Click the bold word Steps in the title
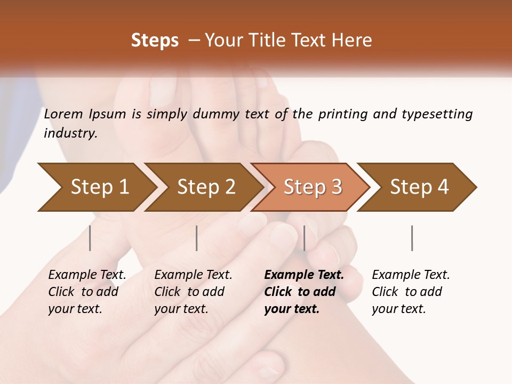pos(155,41)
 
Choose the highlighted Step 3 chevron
pos(313,187)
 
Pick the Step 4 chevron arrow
pos(419,187)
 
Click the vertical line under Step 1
pos(90,238)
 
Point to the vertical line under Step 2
pos(197,238)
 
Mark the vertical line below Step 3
pos(305,238)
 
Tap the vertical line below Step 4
pos(412,238)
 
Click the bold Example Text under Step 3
pos(304,275)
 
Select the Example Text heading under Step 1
pos(87,275)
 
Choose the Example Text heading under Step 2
pos(193,275)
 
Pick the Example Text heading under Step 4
pos(411,275)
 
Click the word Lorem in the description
pos(63,114)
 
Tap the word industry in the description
pos(70,133)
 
